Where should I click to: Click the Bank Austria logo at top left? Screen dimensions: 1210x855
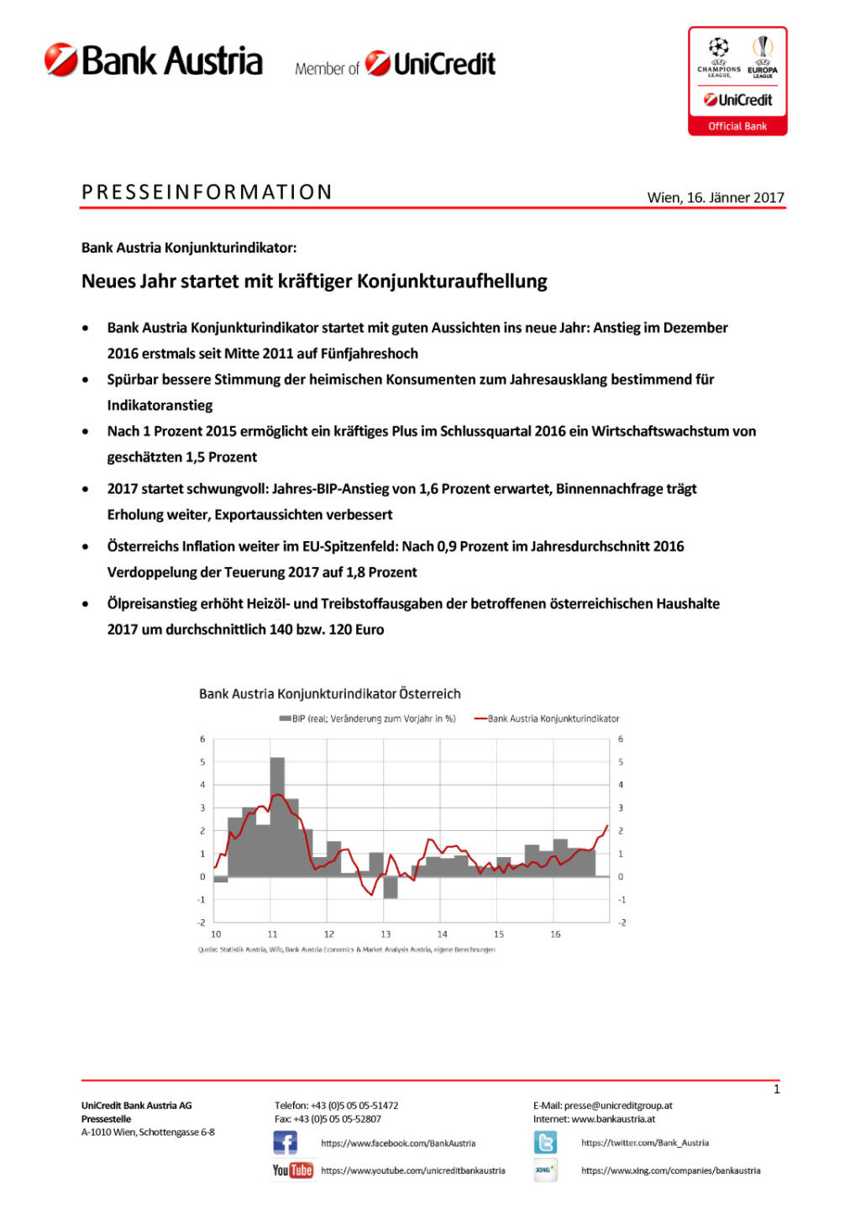[x=154, y=61]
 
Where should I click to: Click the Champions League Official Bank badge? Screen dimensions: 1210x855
[x=737, y=81]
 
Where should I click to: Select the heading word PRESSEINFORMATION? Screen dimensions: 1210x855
[x=207, y=192]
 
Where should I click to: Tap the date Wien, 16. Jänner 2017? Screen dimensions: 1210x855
[x=715, y=197]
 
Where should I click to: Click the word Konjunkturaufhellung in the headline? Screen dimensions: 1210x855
[x=452, y=281]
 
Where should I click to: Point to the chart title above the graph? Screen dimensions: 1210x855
[x=329, y=694]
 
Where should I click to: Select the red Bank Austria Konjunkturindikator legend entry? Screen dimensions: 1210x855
[x=547, y=718]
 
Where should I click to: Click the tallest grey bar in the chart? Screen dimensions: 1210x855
[x=277, y=816]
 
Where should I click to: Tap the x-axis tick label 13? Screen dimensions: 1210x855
[x=386, y=934]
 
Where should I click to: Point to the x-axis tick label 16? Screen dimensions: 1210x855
[x=555, y=934]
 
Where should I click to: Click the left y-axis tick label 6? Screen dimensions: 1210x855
[x=202, y=739]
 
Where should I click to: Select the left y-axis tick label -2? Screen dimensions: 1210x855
[x=202, y=923]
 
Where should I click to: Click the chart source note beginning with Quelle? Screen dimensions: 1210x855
[x=346, y=950]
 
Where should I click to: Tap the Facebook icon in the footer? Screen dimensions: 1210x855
[x=285, y=1143]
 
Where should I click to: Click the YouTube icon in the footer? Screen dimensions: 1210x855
[x=292, y=1170]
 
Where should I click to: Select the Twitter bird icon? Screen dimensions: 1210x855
[x=545, y=1143]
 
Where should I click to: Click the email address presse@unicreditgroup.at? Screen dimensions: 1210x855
[x=618, y=1106]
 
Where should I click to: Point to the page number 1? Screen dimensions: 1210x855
[x=776, y=1090]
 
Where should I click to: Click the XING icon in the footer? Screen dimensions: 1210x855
[x=545, y=1170]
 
